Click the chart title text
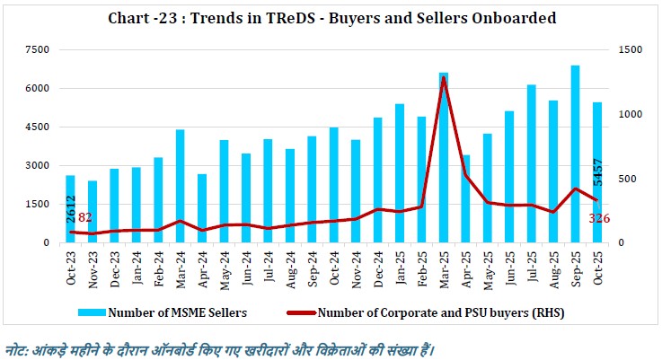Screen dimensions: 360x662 331,18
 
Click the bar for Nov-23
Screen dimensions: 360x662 93,212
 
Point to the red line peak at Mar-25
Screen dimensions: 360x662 444,78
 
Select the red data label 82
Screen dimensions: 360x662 85,217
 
